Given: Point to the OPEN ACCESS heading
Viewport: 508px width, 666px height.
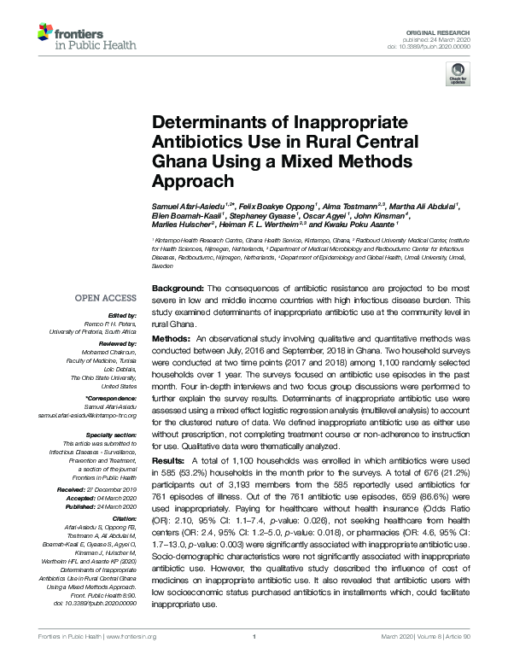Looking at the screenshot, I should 105,298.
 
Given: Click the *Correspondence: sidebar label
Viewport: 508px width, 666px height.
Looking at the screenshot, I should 111,398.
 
